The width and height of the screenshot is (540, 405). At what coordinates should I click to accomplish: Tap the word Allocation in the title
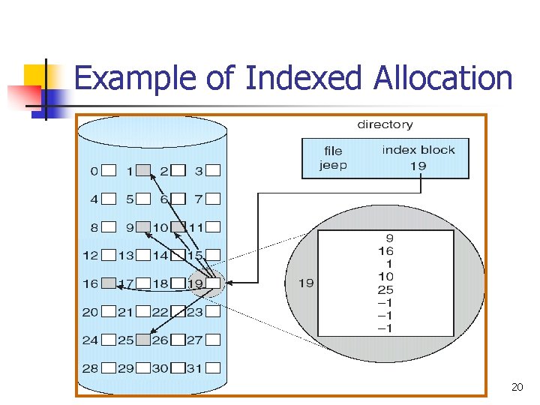coord(438,78)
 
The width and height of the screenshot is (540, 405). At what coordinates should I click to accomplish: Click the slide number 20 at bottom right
coord(517,386)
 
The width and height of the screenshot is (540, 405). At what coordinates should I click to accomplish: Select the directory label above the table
coord(384,124)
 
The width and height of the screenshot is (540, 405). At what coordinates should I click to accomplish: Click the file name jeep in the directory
coord(333,165)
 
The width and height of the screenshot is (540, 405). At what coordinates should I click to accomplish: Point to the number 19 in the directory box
coord(418,165)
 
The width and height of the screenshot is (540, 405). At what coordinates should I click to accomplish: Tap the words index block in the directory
coord(418,150)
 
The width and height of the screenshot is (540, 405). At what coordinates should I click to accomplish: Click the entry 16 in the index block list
coord(385,251)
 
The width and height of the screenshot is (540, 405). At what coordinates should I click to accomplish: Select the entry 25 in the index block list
coord(385,289)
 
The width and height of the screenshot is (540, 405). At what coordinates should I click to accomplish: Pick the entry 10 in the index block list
coord(385,277)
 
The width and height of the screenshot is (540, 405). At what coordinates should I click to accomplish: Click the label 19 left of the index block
coord(306,283)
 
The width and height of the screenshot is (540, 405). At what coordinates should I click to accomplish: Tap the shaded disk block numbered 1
coord(145,170)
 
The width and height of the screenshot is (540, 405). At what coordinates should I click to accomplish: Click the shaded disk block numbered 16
coord(109,283)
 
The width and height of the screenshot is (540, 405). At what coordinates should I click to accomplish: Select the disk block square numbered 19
coord(214,283)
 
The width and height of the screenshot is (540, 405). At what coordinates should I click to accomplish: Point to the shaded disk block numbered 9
coord(145,226)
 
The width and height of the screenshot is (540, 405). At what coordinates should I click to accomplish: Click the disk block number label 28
coord(90,368)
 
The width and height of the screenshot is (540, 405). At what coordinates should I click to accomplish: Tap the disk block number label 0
coord(94,171)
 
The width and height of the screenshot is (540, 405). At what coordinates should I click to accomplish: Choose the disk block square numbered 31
coord(214,367)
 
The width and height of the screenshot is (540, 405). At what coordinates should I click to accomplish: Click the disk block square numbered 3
coord(214,170)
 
